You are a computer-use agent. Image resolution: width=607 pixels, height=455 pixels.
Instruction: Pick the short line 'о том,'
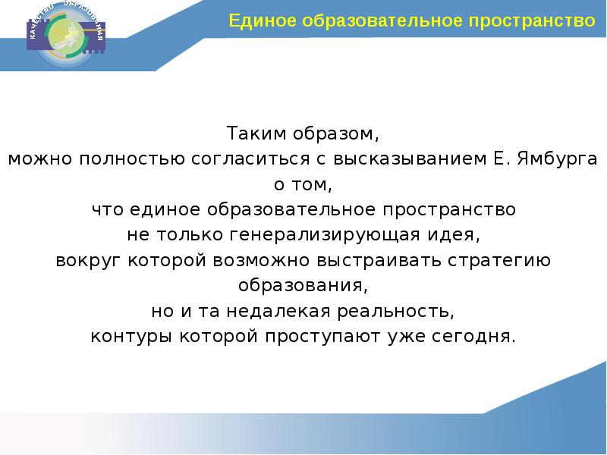tap(303, 184)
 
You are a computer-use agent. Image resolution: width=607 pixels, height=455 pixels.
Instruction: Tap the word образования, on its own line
tap(303, 286)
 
